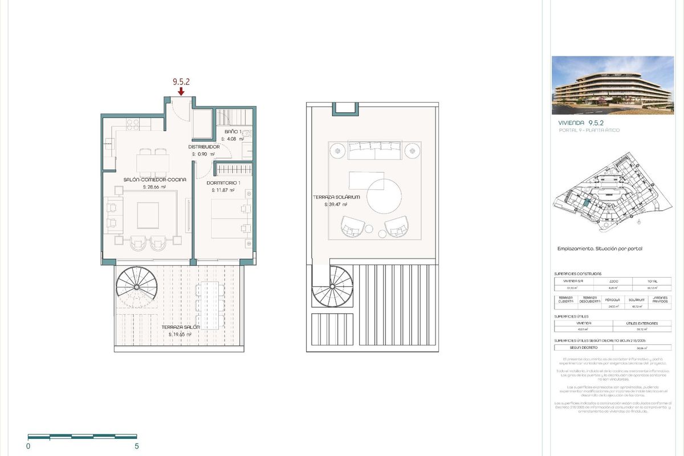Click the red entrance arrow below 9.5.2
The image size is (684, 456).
pos(181,91)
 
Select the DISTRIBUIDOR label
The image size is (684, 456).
pos(204,146)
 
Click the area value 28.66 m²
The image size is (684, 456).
pos(154,186)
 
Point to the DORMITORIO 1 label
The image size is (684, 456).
pos(223,182)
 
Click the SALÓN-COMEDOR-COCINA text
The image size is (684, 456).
pos(154,179)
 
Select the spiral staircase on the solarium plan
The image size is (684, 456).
pos(332,288)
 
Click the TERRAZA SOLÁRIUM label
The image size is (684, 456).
pos(329,197)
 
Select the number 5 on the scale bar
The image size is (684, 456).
pos(136,446)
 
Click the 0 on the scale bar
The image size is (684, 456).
pos(28,446)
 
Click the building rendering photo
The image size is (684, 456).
pos(613,85)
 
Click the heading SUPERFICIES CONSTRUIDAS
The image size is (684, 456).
pos(578,274)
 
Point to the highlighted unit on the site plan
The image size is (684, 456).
pos(585,202)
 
